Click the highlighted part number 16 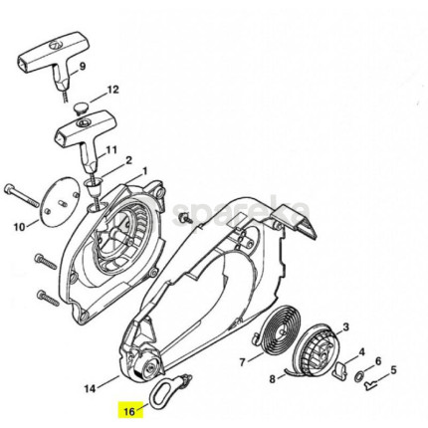(x=129, y=411)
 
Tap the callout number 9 (x=83, y=66)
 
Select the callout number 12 (x=112, y=90)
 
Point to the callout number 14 (x=90, y=388)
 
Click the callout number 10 (x=19, y=227)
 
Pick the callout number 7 (x=243, y=362)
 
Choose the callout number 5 (x=393, y=369)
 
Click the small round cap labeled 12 (x=79, y=108)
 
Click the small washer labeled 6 (x=359, y=377)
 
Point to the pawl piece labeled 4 (x=340, y=369)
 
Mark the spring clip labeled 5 (x=370, y=385)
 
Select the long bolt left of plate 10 (x=22, y=197)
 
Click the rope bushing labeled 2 (x=94, y=188)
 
